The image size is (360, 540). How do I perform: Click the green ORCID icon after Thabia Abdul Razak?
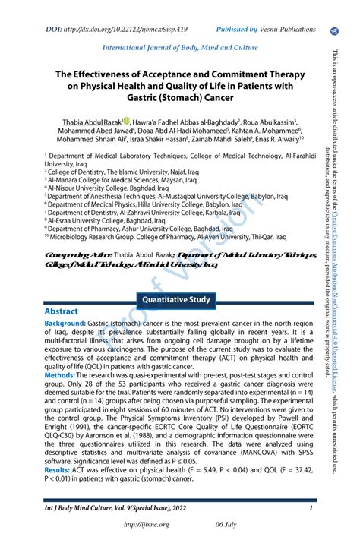tap(125, 122)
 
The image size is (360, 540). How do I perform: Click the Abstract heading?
tap(62, 311)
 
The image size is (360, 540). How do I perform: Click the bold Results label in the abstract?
tap(58, 470)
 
